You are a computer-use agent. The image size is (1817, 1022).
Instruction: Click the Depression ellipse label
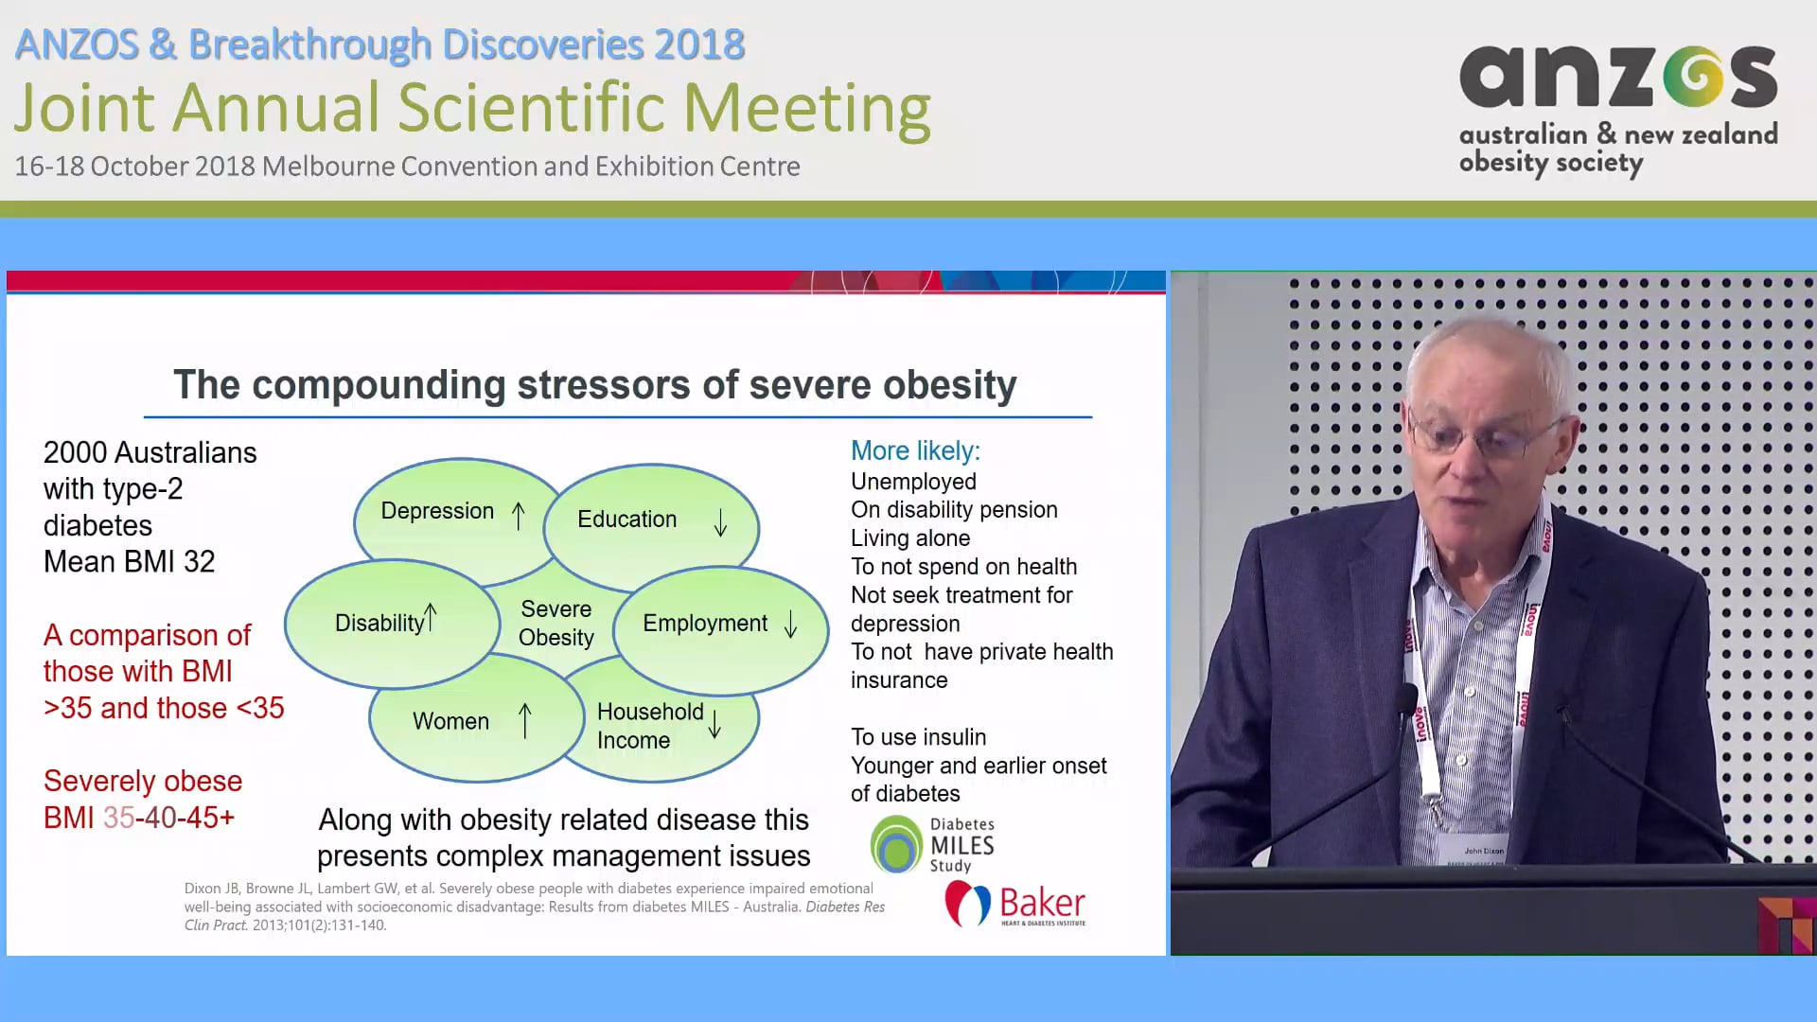tap(437, 511)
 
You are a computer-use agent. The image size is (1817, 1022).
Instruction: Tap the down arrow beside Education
tap(721, 522)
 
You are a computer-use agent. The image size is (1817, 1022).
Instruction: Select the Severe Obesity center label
tap(556, 623)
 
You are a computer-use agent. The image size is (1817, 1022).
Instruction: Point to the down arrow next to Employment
tap(791, 624)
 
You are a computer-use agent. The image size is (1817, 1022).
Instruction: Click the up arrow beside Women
tap(525, 720)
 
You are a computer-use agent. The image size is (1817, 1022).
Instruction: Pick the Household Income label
tap(650, 726)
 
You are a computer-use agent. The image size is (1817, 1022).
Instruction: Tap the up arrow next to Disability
tap(431, 617)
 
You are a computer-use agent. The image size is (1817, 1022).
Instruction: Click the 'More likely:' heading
tap(915, 450)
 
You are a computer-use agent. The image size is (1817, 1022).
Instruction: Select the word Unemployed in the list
tap(913, 482)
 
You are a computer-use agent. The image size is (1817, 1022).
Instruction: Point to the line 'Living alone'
tap(910, 538)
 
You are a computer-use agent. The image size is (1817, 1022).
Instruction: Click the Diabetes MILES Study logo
tap(932, 844)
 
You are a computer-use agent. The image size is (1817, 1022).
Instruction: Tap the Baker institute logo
tap(1014, 905)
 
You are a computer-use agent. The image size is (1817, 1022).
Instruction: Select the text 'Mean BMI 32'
tap(130, 562)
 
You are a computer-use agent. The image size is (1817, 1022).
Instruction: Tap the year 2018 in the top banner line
tap(699, 44)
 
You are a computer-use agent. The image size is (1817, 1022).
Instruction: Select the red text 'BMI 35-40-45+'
tap(139, 818)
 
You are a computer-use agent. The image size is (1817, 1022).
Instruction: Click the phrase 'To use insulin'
tap(918, 737)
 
